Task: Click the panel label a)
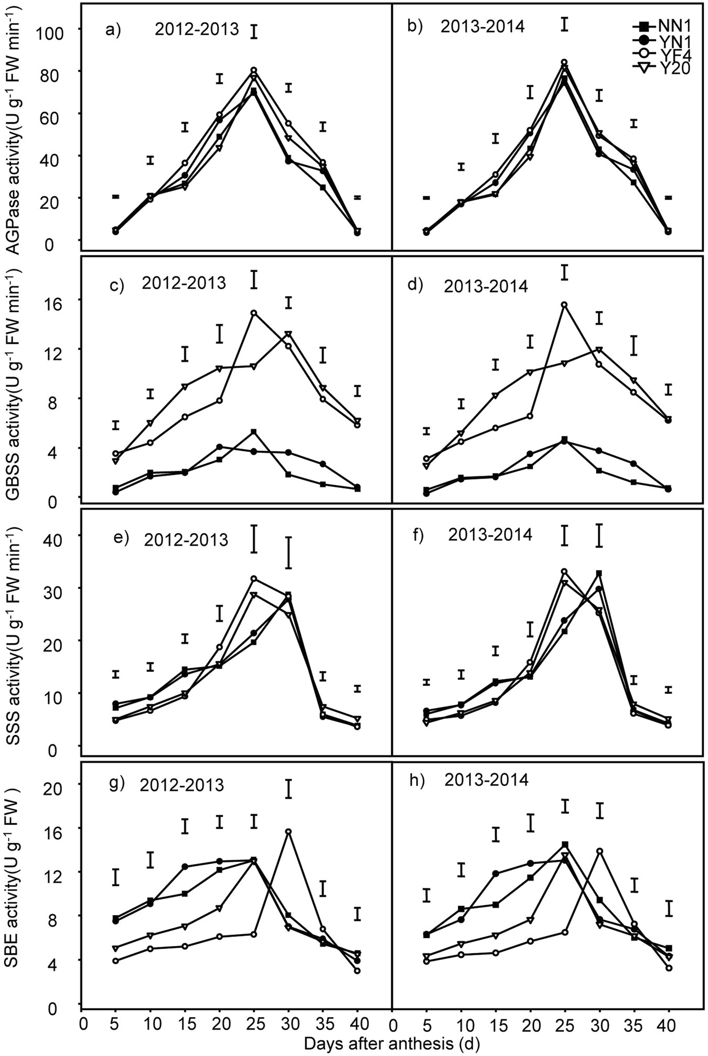113,29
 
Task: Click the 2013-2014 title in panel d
486,286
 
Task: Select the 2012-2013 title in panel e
186,539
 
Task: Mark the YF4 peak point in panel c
254,313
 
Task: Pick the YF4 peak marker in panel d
564,304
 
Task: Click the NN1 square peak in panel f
599,573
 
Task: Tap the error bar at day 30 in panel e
288,552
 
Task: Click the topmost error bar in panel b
564,24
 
